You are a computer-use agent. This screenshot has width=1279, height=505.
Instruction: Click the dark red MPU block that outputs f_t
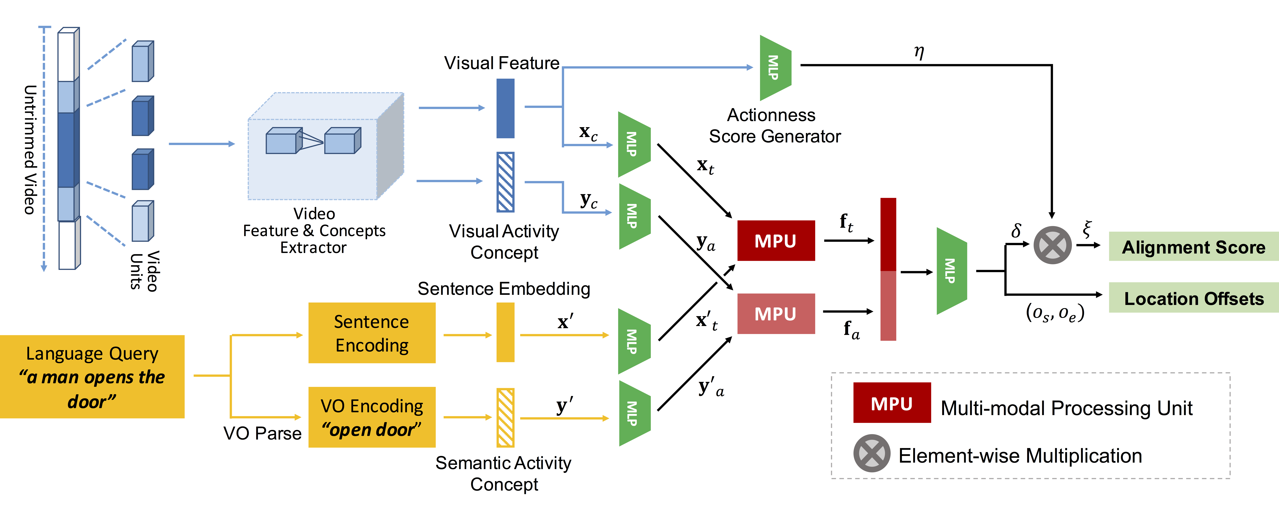776,241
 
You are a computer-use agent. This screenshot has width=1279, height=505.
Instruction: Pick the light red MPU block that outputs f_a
776,314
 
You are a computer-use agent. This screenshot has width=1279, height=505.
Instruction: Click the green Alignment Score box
1193,246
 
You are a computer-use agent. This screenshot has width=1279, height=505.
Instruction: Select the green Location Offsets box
1193,298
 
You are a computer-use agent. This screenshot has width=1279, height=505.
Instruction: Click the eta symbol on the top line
919,52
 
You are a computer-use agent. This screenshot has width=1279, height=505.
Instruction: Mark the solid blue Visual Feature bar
505,108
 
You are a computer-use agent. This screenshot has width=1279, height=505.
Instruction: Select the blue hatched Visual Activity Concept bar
505,182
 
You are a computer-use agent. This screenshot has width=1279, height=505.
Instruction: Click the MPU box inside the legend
892,403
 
